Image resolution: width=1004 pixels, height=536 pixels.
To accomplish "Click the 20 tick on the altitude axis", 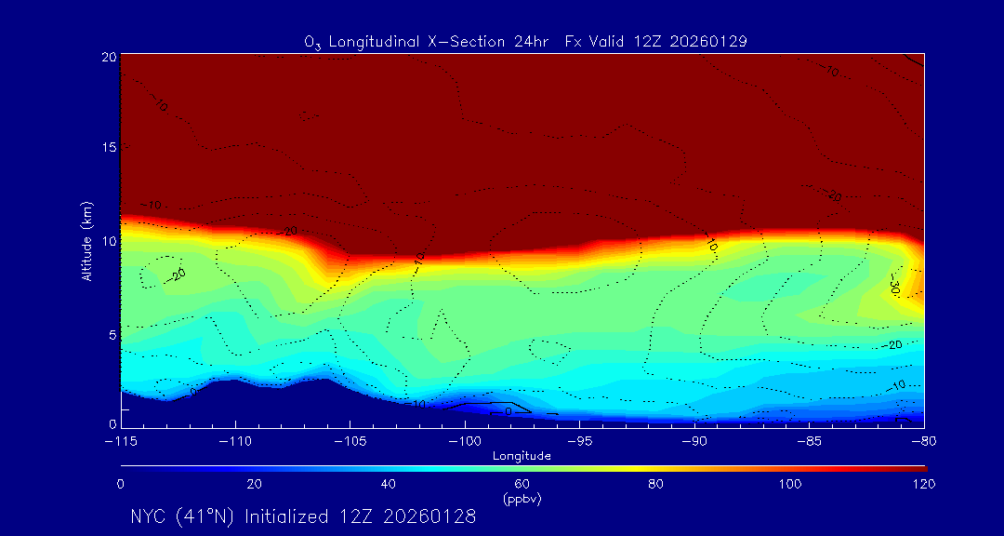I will click(109, 57).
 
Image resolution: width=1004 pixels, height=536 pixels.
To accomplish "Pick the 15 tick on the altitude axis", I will click(109, 148).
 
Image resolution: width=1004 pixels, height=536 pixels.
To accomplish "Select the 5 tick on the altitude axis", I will click(112, 333).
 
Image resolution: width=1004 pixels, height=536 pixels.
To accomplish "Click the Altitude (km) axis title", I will click(86, 241).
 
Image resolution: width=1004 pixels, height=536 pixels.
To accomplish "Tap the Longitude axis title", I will click(522, 456).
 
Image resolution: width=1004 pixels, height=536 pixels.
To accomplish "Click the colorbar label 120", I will click(924, 484).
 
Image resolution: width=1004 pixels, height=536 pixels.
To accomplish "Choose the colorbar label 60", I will click(522, 484).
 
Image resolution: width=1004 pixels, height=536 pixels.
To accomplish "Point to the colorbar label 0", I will click(121, 484).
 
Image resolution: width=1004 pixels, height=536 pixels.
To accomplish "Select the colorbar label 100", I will click(790, 484).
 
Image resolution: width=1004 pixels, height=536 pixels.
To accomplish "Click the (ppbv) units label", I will click(522, 499).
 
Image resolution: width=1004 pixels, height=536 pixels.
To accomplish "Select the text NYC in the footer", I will click(148, 516).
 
